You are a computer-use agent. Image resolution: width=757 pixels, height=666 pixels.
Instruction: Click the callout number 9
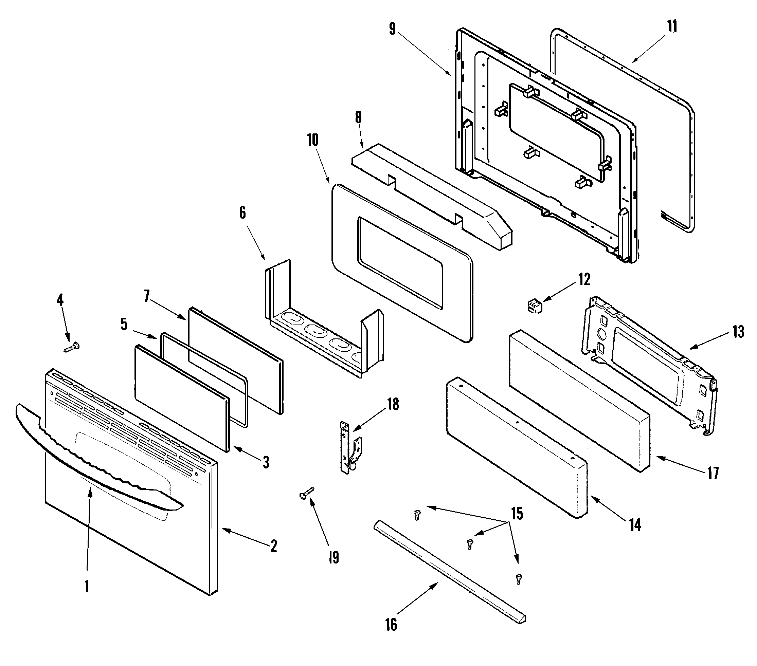coord(393,29)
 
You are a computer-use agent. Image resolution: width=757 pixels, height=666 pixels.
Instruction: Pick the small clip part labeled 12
coord(533,308)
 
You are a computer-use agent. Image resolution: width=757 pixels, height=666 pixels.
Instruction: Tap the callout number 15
coord(517,514)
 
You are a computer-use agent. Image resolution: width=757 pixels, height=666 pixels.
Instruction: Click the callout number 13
coord(738,332)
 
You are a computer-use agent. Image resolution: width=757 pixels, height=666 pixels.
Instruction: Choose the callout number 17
coord(713,473)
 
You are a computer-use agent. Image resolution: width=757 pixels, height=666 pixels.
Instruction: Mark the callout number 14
coord(635,524)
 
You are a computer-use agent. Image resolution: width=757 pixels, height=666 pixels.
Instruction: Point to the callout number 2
coord(274,546)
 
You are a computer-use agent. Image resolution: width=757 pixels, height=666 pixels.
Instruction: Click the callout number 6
coord(242,213)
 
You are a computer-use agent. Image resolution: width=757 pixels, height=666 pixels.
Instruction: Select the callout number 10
coord(312,140)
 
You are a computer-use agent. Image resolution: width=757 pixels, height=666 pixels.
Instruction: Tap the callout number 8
coord(358,117)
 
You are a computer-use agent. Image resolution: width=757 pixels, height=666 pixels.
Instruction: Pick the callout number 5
coord(124,324)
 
